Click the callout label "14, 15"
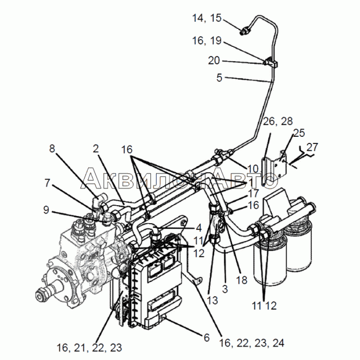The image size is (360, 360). tap(207, 18)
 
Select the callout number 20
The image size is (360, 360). tap(214, 61)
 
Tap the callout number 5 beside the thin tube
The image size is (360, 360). tap(220, 77)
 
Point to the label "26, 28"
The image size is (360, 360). tap(278, 121)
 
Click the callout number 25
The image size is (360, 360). tap(299, 133)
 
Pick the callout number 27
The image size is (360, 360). tap(312, 147)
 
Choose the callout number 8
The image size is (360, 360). tap(52, 148)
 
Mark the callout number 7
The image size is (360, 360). tap(47, 183)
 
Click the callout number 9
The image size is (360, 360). tap(46, 210)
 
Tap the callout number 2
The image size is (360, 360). tap(96, 148)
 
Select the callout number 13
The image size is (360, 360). tap(212, 300)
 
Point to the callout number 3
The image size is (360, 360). tap(225, 289)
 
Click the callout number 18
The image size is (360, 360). tap(242, 280)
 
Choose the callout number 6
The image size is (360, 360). tap(207, 337)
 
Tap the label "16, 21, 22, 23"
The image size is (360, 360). tap(89, 348)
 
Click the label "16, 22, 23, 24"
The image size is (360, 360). tap(252, 343)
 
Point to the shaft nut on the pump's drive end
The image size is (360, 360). tap(41, 296)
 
